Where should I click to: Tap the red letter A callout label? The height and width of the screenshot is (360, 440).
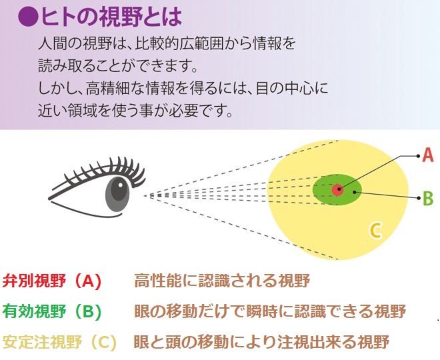click(x=428, y=155)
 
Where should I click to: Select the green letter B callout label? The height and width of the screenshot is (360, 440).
click(x=428, y=198)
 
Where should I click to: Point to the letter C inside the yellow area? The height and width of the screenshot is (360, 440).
click(x=375, y=231)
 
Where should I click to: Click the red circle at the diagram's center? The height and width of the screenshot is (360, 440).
click(x=337, y=190)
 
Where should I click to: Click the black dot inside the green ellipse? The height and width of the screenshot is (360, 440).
click(x=355, y=192)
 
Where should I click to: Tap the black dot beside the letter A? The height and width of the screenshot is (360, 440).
click(x=419, y=156)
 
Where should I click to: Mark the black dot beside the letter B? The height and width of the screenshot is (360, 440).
click(x=419, y=198)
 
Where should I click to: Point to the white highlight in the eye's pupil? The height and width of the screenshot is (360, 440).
click(x=121, y=185)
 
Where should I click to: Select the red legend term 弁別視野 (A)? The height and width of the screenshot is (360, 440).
click(x=51, y=281)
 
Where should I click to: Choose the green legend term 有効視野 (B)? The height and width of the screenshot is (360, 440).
click(x=51, y=311)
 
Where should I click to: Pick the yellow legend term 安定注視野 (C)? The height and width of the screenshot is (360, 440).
click(x=59, y=342)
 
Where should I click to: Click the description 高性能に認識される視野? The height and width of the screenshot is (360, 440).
click(x=222, y=281)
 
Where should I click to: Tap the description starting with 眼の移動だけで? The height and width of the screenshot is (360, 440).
click(x=270, y=311)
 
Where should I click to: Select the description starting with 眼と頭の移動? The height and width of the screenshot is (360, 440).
click(x=261, y=341)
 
